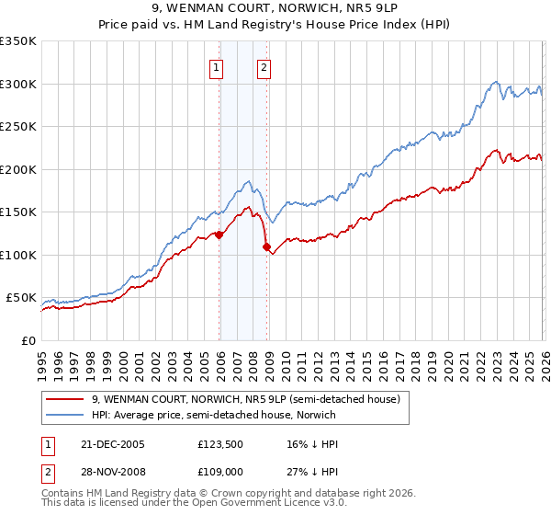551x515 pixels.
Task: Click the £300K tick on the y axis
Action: (x=18, y=84)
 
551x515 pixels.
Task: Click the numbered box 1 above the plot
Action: (x=216, y=66)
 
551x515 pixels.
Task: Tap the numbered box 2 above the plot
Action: (x=264, y=66)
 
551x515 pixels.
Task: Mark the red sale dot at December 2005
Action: (x=219, y=235)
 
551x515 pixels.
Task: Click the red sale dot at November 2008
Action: (x=267, y=247)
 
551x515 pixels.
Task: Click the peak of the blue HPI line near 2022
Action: (x=495, y=81)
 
